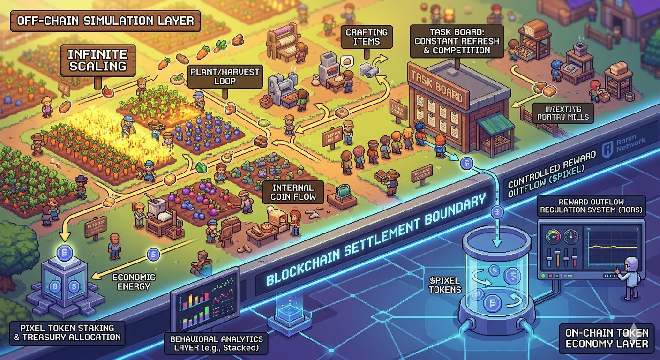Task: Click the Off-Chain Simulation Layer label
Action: (x=105, y=21)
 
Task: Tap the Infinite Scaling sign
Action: (x=97, y=60)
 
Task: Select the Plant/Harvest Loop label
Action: (x=225, y=76)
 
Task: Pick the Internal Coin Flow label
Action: (x=293, y=192)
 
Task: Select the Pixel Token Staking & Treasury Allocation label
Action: (x=67, y=332)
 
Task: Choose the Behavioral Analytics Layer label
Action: (x=216, y=344)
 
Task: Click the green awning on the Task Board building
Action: (x=495, y=123)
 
